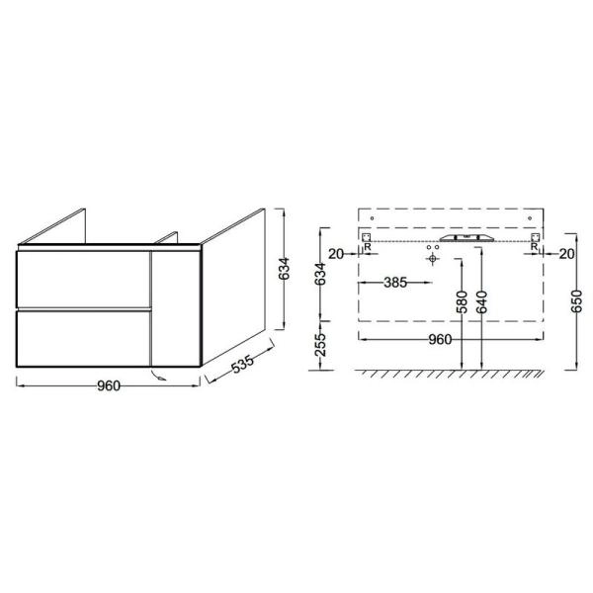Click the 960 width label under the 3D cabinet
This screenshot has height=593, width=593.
[x=109, y=385]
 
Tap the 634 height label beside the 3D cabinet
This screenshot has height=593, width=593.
[x=284, y=269]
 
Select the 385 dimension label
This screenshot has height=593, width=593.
[x=395, y=282]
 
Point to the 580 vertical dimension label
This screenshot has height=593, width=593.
[x=462, y=302]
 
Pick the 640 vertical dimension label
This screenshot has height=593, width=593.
[x=481, y=302]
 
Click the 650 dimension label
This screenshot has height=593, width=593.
[x=577, y=301]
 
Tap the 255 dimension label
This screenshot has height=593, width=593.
[x=320, y=345]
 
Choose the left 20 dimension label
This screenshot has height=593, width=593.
[x=336, y=254]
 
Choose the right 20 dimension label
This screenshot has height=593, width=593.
[x=566, y=254]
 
